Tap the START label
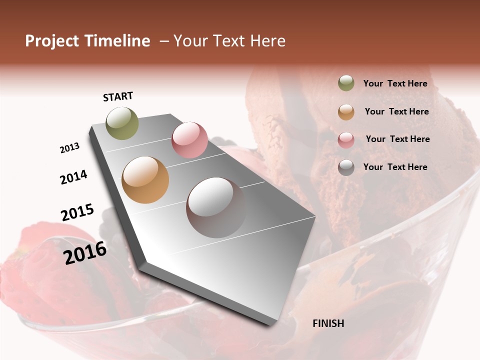coord(118,96)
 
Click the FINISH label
coord(328,323)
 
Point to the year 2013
coord(69,148)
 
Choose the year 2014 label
coord(73,177)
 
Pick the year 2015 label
coord(77,212)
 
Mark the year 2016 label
coord(85,252)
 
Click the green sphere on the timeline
coord(122,123)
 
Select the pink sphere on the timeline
coord(189,140)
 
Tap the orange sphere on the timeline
coord(145,180)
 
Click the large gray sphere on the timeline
coord(215,207)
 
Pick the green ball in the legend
coord(346,83)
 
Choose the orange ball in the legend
coord(346,112)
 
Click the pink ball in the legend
coord(346,139)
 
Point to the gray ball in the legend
coord(346,167)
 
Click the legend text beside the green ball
coord(395,83)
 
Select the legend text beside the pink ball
coord(397,139)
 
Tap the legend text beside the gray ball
coord(395,167)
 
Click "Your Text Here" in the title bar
coord(229,41)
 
